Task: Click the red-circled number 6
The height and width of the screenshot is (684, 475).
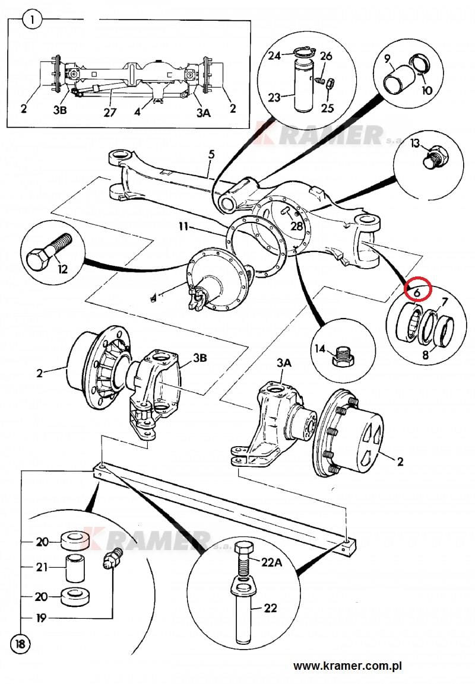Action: click(x=417, y=291)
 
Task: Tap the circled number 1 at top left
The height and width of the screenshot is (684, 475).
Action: click(x=32, y=21)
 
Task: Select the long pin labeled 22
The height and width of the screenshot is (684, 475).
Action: click(x=243, y=614)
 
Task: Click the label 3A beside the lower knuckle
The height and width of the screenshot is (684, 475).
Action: click(x=283, y=363)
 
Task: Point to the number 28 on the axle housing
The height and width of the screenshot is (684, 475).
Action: click(x=297, y=226)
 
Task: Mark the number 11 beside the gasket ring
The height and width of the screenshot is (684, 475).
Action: click(x=184, y=227)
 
